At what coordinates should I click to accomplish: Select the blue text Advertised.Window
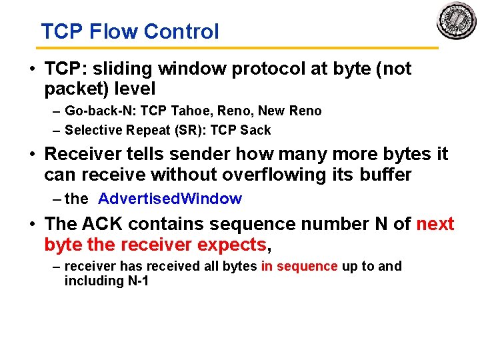(x=169, y=199)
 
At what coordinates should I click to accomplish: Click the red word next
(x=435, y=224)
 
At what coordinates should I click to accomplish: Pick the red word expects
(x=231, y=245)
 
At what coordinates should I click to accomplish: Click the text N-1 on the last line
(x=133, y=281)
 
